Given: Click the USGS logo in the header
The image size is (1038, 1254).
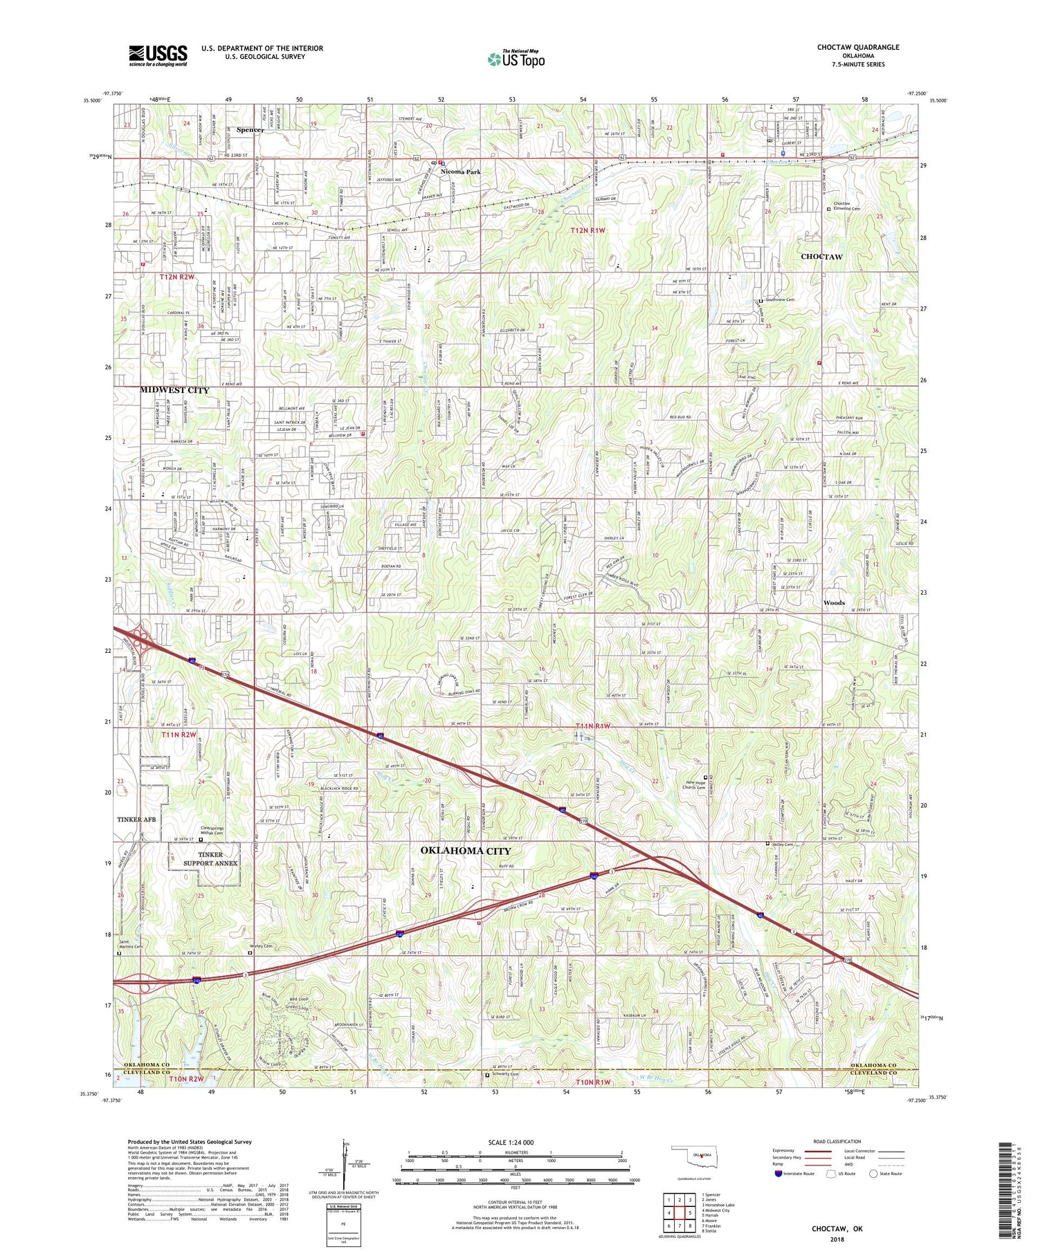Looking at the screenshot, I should pyautogui.click(x=158, y=55).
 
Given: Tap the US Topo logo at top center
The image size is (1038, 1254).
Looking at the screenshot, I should pyautogui.click(x=516, y=59).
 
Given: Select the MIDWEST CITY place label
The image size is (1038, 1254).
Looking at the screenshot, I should pyautogui.click(x=174, y=390).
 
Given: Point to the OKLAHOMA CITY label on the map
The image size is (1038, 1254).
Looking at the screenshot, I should pyautogui.click(x=466, y=851).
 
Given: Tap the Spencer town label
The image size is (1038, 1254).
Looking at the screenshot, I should pyautogui.click(x=250, y=129).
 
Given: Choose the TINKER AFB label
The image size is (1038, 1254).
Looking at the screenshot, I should pyautogui.click(x=138, y=819).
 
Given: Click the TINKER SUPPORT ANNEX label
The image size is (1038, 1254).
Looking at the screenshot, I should pyautogui.click(x=210, y=858).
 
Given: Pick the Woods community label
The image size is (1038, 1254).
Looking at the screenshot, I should pyautogui.click(x=834, y=602).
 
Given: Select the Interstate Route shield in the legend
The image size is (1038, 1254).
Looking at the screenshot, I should pyautogui.click(x=779, y=1174).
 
